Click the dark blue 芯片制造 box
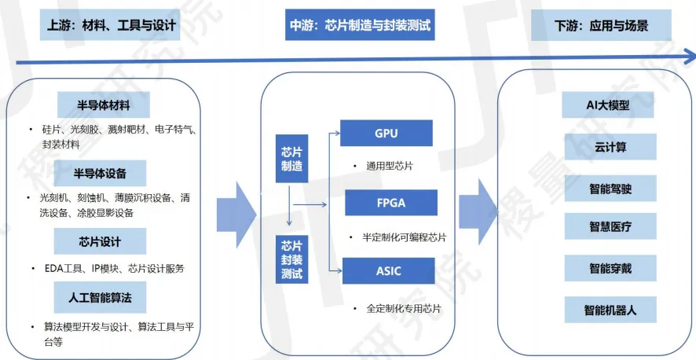pos(291,157)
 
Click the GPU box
pos(386,133)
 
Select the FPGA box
pos(390,203)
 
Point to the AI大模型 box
pos(608,105)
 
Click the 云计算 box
pos(610,146)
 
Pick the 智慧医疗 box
pos(610,228)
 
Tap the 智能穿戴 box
pos(610,269)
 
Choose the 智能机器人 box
pos(610,310)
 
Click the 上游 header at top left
pos(108,26)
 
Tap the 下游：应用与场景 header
pos(601,26)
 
